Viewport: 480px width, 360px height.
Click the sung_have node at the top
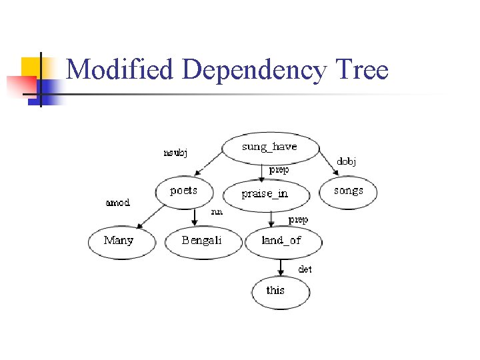pyautogui.click(x=269, y=147)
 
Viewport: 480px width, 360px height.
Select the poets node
pyautogui.click(x=184, y=191)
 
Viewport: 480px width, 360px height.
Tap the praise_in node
pyautogui.click(x=265, y=194)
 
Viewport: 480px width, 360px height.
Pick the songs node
pyautogui.click(x=349, y=191)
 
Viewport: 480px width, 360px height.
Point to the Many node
pyautogui.click(x=119, y=241)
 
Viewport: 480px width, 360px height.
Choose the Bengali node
pyautogui.click(x=202, y=241)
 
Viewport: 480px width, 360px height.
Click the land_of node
pyautogui.click(x=281, y=241)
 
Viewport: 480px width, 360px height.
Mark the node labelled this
pyautogui.click(x=276, y=291)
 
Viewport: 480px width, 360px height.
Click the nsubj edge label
pyautogui.click(x=175, y=153)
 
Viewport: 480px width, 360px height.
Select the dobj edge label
pyautogui.click(x=346, y=161)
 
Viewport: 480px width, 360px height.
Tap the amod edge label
pyautogui.click(x=118, y=203)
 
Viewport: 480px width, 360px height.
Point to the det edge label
pyautogui.click(x=305, y=269)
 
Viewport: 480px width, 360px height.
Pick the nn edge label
pyautogui.click(x=217, y=212)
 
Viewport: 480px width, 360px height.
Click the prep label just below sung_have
pyautogui.click(x=279, y=170)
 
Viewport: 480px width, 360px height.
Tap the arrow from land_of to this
pyautogui.click(x=281, y=267)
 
